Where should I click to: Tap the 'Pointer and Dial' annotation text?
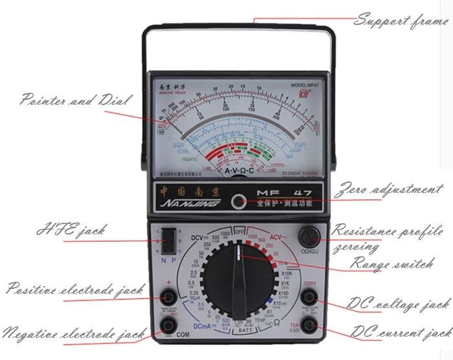tap(76, 101)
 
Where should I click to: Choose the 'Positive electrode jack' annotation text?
tap(74, 289)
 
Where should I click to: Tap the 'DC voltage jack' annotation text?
tap(399, 303)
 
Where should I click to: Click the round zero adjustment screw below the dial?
tap(241, 201)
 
